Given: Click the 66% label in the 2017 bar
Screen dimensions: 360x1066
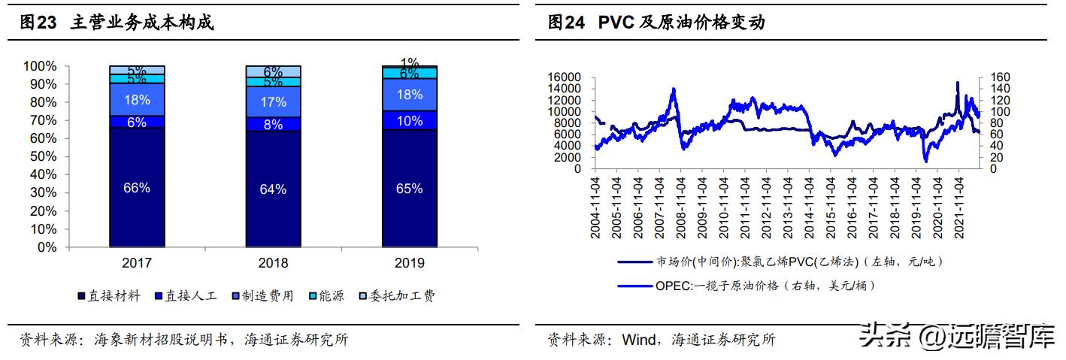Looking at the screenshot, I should pos(136,188).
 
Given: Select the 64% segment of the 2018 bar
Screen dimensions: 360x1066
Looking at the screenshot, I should pos(273,189).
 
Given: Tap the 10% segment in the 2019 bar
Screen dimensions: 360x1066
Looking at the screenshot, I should pos(409,121).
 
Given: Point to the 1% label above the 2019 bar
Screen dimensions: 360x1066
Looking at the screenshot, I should pos(409,62).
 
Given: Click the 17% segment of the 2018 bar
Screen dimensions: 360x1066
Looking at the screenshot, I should pos(273,101).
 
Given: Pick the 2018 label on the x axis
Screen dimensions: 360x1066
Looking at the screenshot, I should pos(273,263).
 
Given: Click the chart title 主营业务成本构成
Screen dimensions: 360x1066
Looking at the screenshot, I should pos(142,23).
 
